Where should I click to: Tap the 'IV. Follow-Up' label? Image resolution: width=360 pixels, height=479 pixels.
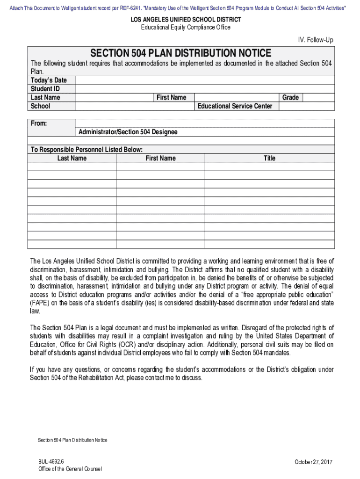click(315, 41)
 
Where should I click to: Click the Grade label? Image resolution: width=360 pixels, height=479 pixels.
click(290, 97)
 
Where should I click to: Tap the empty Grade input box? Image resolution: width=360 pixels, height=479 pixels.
click(318, 97)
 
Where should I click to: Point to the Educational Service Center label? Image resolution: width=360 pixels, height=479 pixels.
click(235, 106)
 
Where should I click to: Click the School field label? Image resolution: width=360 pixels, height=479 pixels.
click(40, 106)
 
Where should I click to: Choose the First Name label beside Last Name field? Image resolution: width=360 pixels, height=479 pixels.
click(171, 97)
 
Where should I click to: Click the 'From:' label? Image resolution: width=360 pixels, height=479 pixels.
click(39, 123)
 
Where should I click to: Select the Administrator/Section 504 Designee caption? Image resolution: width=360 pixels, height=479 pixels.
click(128, 132)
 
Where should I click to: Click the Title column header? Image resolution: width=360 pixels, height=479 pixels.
click(269, 158)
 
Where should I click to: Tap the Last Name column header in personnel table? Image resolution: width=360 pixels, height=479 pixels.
click(72, 158)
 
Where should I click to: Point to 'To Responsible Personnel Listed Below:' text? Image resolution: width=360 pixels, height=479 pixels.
click(86, 150)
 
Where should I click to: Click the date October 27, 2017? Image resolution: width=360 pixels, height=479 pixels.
click(313, 462)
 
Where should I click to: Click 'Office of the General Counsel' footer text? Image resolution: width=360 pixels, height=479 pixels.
click(70, 469)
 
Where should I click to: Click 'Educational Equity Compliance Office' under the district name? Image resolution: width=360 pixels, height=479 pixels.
click(186, 27)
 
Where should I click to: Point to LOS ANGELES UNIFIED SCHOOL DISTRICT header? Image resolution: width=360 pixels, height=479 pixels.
click(186, 20)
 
